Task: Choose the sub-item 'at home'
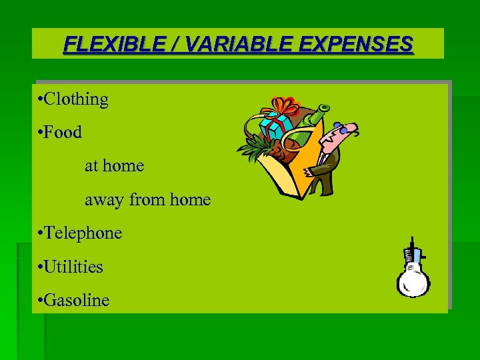(x=114, y=165)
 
